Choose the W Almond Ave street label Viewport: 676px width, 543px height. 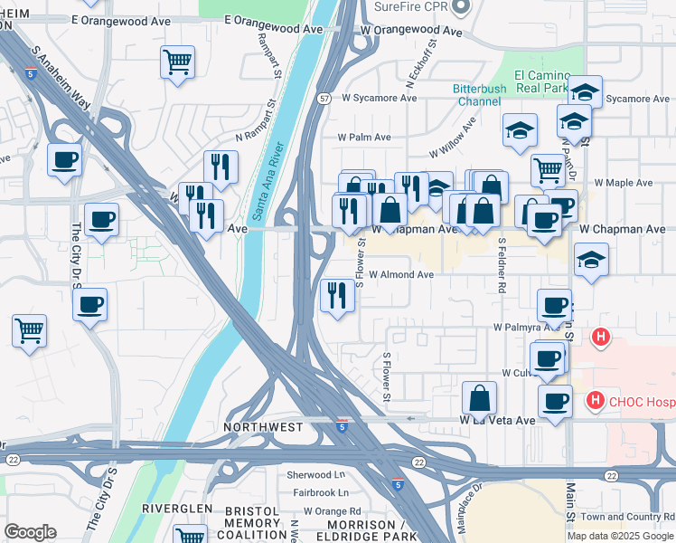pyautogui.click(x=401, y=274)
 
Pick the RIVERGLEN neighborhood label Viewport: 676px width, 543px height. pyautogui.click(x=176, y=509)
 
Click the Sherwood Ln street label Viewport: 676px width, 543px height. pyautogui.click(x=315, y=474)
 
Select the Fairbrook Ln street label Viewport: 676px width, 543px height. pyautogui.click(x=320, y=493)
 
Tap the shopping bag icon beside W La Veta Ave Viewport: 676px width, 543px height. pyautogui.click(x=479, y=397)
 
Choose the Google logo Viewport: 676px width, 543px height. pyautogui.click(x=30, y=532)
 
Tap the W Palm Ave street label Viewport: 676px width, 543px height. pyautogui.click(x=364, y=138)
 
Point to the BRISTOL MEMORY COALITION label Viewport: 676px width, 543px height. pyautogui.click(x=252, y=523)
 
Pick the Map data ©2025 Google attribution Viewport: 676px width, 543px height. pyautogui.click(x=620, y=535)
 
